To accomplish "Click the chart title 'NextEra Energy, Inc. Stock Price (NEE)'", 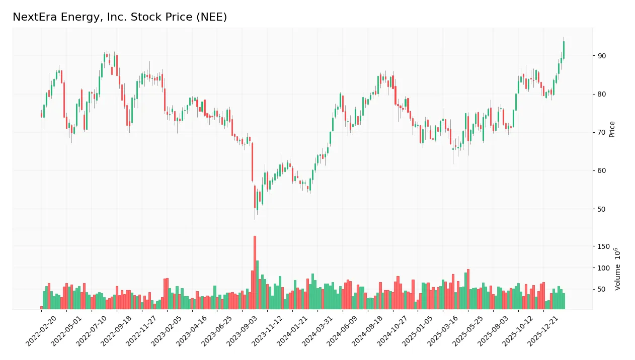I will tap(120, 17).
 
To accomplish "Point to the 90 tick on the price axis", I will tap(602, 56).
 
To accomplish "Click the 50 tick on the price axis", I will tap(602, 209).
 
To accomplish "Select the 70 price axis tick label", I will tap(602, 132).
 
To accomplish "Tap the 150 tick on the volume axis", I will tap(604, 246).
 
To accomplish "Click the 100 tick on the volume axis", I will tap(604, 268).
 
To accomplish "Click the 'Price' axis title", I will tap(612, 129).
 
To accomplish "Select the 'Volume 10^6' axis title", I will tap(617, 269).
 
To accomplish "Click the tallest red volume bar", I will tap(255, 272).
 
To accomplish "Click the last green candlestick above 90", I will tap(564, 50).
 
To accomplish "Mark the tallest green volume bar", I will tap(257, 285).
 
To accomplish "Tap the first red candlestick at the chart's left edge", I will tap(42, 115).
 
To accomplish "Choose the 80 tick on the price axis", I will tap(602, 94).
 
